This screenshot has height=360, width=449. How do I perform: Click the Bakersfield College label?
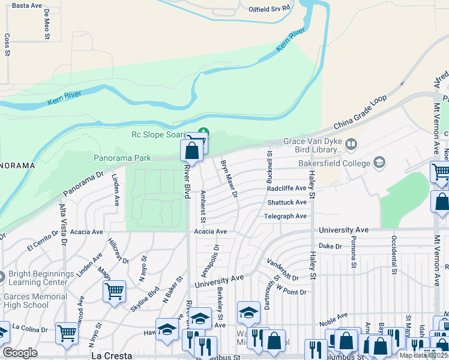point(335,163)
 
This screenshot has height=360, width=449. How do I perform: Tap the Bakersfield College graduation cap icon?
point(379,162)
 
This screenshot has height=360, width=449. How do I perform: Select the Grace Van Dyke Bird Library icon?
point(351,143)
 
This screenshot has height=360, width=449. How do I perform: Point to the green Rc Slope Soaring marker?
point(203,132)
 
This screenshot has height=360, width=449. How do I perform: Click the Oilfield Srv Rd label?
point(270,8)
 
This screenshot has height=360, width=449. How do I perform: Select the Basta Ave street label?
point(27,5)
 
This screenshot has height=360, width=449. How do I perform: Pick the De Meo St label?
point(47,25)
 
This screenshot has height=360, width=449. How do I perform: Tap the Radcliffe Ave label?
point(287,188)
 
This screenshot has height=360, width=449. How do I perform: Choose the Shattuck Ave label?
point(287,203)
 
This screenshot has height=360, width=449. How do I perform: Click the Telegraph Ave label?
point(285,216)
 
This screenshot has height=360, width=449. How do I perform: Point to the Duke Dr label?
point(330,246)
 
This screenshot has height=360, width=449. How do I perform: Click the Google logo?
point(20,353)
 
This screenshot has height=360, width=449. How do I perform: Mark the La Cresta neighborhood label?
point(111,355)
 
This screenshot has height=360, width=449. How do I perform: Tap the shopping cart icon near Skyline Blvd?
point(114,292)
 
